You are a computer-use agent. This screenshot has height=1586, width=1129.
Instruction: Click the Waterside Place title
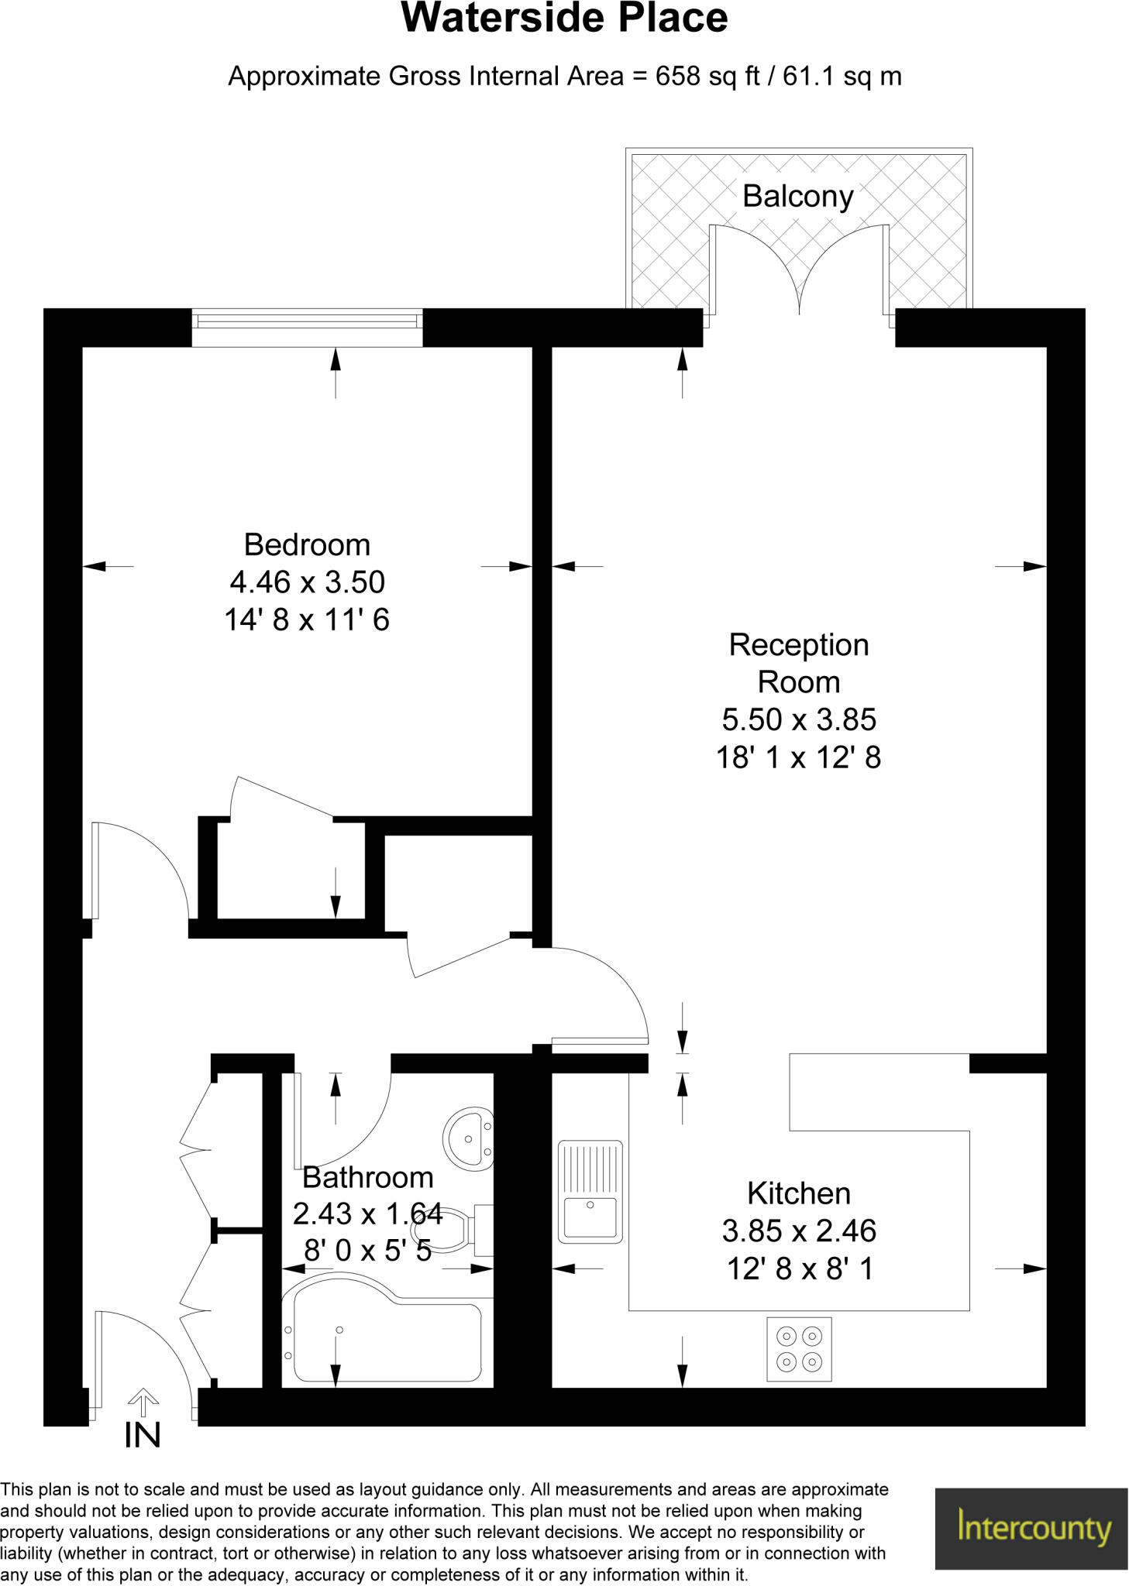(x=564, y=19)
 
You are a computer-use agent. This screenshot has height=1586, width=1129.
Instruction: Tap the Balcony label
(x=797, y=197)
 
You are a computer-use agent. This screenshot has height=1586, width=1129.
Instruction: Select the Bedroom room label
(x=307, y=545)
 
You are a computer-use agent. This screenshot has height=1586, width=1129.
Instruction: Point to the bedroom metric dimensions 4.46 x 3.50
(x=307, y=582)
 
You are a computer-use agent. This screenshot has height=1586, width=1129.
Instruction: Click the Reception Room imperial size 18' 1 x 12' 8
(x=798, y=757)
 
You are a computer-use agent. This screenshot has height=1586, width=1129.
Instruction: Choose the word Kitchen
(x=798, y=1193)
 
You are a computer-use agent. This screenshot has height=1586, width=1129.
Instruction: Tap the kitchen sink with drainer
(x=590, y=1192)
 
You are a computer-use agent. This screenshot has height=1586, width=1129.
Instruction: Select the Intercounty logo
(x=1031, y=1528)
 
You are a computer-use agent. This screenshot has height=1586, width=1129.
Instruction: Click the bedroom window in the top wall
(x=307, y=327)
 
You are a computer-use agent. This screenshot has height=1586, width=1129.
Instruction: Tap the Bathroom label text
(x=367, y=1178)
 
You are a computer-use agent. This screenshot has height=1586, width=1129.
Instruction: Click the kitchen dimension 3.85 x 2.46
(x=798, y=1231)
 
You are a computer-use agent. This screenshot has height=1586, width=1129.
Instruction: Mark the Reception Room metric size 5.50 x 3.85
(x=798, y=720)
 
